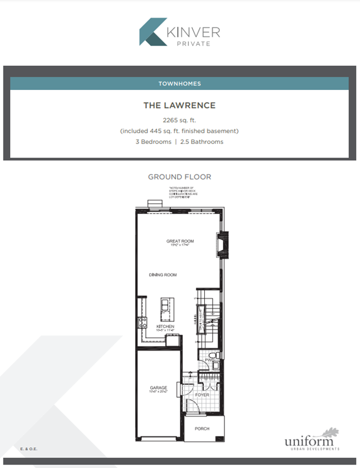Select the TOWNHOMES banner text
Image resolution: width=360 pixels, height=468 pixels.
click(x=179, y=83)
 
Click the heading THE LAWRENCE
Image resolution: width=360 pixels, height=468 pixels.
click(x=179, y=105)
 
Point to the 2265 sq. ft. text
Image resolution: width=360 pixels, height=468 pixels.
click(x=179, y=120)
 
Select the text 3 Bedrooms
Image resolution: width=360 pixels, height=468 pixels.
click(x=154, y=142)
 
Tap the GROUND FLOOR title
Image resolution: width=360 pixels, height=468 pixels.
click(x=179, y=177)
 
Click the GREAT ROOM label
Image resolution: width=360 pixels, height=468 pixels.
click(x=180, y=241)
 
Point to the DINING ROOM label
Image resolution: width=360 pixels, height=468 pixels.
click(x=163, y=275)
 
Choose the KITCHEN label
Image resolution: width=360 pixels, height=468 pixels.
click(x=165, y=326)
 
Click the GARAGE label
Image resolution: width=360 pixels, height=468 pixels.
click(x=157, y=388)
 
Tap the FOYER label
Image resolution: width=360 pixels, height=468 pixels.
click(x=202, y=395)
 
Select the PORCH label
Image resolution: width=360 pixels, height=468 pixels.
click(x=202, y=429)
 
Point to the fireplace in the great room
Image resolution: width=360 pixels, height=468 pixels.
click(x=224, y=245)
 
